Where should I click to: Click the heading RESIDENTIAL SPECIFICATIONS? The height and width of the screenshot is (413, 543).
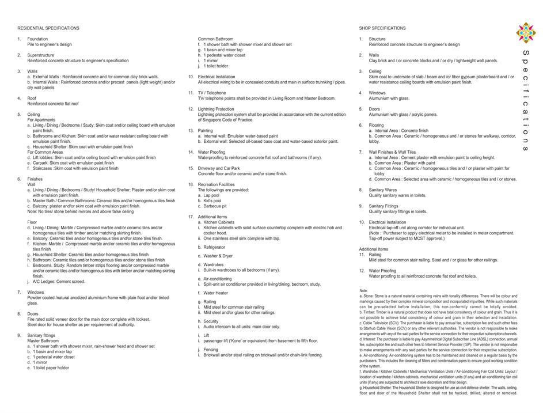tap(48, 28)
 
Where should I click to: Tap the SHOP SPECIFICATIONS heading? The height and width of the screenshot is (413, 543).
tap(382, 28)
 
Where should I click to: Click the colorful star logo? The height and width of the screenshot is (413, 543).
tap(526, 33)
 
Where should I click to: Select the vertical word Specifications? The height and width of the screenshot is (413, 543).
tap(525, 100)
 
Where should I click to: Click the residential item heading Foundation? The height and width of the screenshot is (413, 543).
tap(37, 39)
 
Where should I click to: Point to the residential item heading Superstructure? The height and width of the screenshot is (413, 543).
tap(40, 55)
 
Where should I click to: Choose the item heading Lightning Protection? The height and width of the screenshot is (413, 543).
tap(216, 109)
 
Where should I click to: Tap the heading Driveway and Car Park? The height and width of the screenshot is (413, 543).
tap(219, 168)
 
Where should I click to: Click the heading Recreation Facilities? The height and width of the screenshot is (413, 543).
tap(218, 184)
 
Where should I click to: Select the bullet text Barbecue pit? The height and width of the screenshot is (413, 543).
tap(215, 206)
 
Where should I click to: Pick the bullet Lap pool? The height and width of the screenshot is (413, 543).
tap(212, 195)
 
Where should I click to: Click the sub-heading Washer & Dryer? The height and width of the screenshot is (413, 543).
tap(218, 256)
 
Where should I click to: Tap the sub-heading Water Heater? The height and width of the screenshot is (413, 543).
tap(215, 293)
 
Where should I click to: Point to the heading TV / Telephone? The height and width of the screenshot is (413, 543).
tap(212, 93)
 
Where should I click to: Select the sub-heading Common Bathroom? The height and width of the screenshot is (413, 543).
tap(216, 39)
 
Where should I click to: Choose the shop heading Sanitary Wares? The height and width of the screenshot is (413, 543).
tap(383, 190)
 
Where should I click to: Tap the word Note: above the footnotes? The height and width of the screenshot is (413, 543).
tap(363, 290)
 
